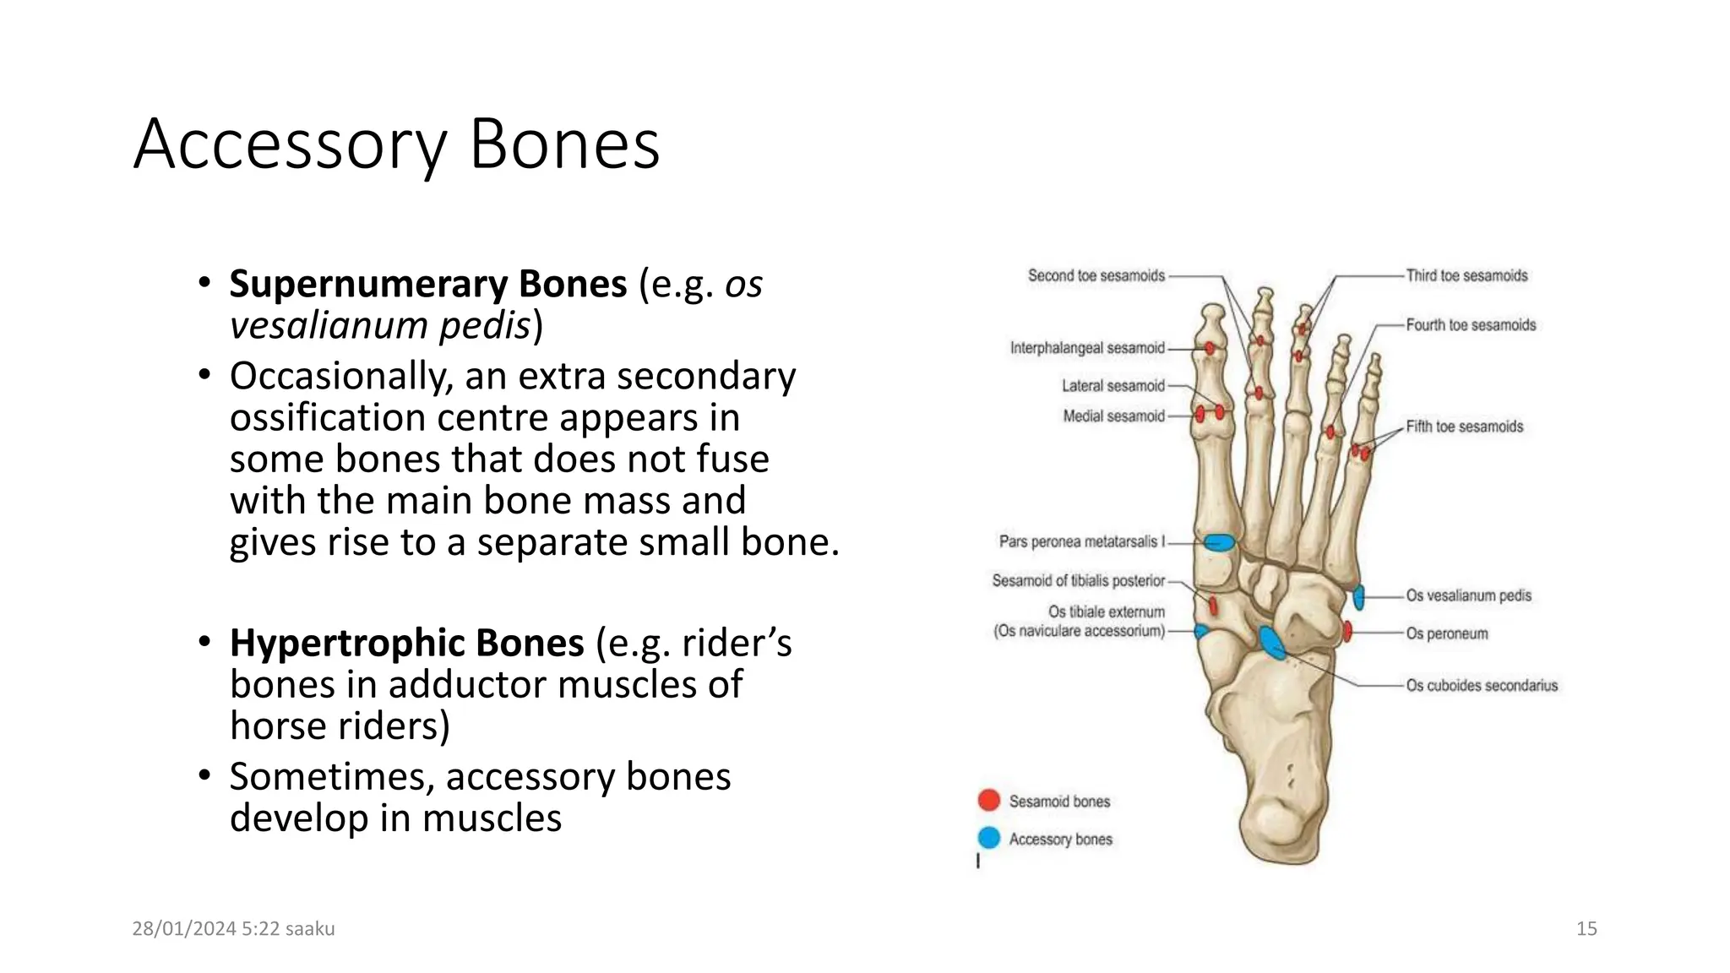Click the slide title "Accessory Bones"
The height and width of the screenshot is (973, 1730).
click(x=396, y=144)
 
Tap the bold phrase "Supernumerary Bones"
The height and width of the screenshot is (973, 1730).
click(x=428, y=284)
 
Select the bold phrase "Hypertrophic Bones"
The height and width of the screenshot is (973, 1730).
click(x=406, y=643)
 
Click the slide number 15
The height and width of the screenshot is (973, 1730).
click(x=1586, y=928)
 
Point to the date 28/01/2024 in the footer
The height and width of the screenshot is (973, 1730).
click(x=183, y=928)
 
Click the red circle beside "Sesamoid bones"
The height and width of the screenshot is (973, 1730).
click(x=988, y=800)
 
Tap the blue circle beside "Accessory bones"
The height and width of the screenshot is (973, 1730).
click(x=988, y=838)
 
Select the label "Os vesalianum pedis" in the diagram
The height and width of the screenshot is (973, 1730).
click(x=1468, y=595)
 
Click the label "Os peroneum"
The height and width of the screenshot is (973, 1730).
click(x=1446, y=633)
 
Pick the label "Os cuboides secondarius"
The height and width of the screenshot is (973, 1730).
click(x=1481, y=686)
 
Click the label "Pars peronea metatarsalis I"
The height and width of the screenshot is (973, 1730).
click(x=1081, y=541)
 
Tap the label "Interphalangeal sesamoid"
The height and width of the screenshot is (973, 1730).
click(x=1086, y=348)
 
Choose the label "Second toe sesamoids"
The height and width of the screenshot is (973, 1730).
click(x=1096, y=275)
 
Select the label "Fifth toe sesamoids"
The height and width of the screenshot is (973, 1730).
click(x=1464, y=427)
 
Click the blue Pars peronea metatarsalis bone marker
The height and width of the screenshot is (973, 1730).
click(x=1218, y=542)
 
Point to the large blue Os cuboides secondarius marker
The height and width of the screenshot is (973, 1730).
click(x=1272, y=643)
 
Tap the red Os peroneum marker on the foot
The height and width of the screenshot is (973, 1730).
click(x=1347, y=631)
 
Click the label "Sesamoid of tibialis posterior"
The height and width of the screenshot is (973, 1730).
click(x=1078, y=580)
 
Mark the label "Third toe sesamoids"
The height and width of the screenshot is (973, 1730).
click(x=1466, y=275)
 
